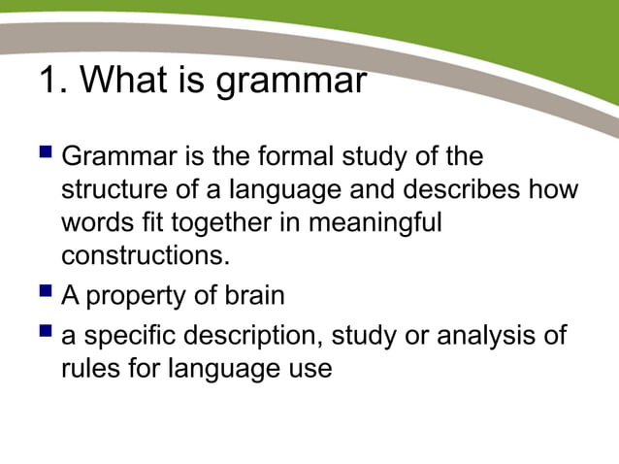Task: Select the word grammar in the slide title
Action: (290, 83)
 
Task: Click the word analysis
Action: (485, 338)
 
